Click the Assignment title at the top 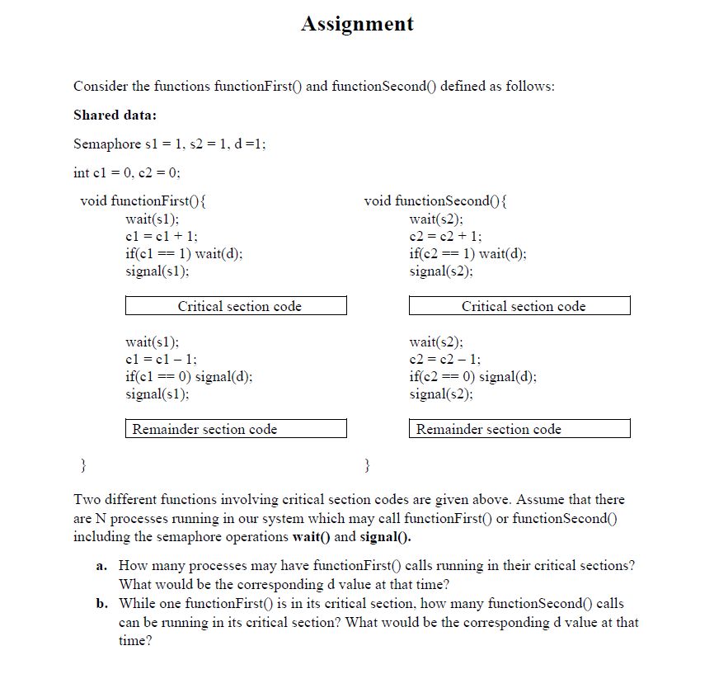tap(357, 24)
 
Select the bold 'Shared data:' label tap(115, 115)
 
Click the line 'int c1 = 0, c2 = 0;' tap(127, 172)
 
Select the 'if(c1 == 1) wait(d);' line tap(184, 253)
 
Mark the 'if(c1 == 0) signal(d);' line tap(189, 376)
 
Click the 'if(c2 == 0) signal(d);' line tap(472, 376)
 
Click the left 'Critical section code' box tap(237, 306)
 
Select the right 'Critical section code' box tap(520, 306)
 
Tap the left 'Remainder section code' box tap(237, 429)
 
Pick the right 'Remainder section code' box tap(520, 429)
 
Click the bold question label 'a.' tap(101, 566)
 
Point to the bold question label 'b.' tap(101, 604)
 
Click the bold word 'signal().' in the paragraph tap(386, 537)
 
